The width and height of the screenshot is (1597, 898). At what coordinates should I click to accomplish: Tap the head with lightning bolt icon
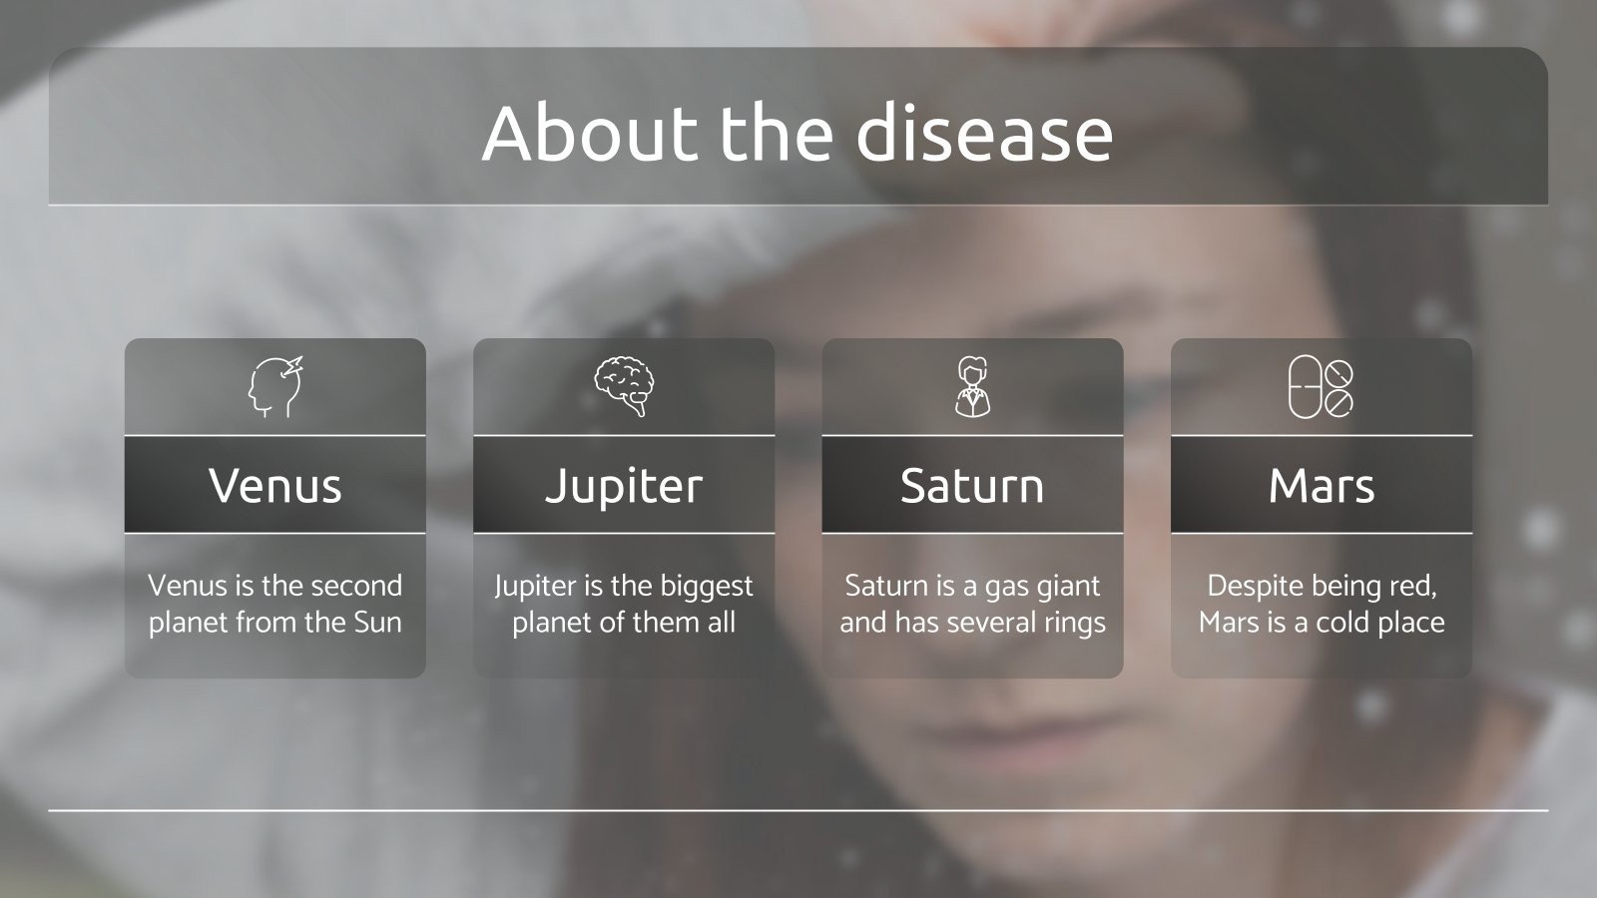[x=275, y=387]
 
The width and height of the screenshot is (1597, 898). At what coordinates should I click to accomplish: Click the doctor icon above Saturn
[x=972, y=387]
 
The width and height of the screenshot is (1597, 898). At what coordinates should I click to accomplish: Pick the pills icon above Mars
[x=1321, y=387]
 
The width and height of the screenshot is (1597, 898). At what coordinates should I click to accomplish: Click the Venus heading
[x=275, y=486]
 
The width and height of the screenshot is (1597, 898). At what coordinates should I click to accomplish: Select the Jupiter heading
[x=624, y=486]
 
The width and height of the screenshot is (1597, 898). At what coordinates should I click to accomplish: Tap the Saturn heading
[x=972, y=486]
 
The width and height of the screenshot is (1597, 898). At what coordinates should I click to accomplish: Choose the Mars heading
[x=1321, y=486]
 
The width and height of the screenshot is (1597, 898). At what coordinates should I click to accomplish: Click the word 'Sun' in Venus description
[x=377, y=623]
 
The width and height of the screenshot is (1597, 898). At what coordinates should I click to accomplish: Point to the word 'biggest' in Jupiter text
[x=705, y=586]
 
